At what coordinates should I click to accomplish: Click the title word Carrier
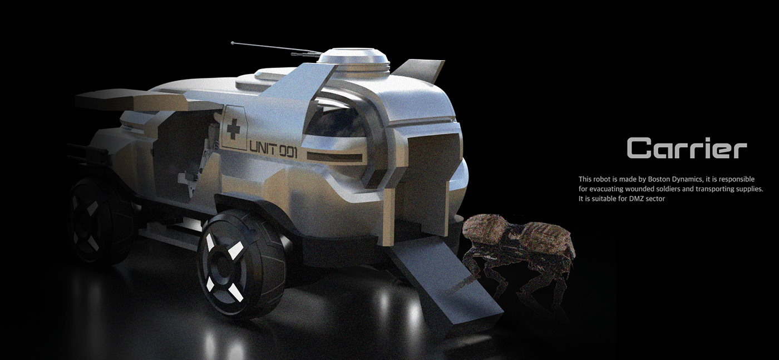coord(687,148)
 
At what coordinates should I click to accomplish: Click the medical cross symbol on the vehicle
coord(234,130)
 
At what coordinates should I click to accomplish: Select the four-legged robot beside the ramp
coord(519,250)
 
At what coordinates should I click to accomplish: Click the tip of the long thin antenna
coord(233,42)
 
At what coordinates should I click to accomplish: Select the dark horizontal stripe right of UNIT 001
coord(334,157)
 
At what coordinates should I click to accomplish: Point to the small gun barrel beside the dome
coord(303,54)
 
